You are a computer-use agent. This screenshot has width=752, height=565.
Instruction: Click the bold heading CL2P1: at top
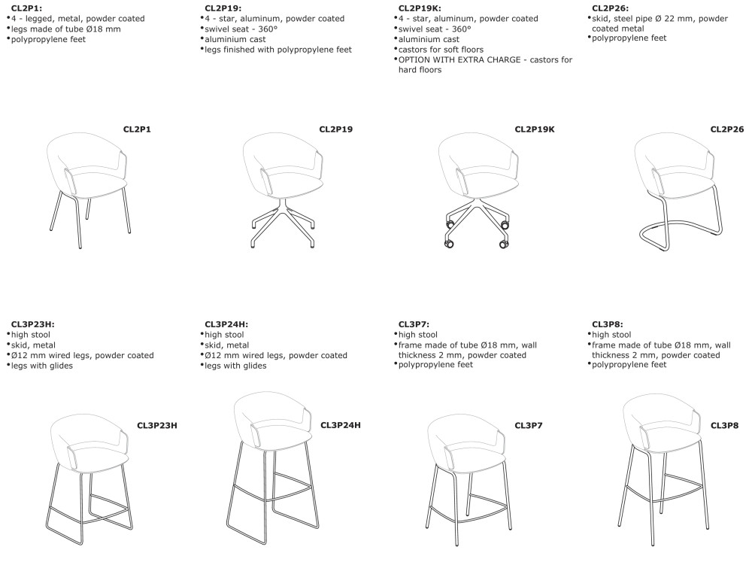26,8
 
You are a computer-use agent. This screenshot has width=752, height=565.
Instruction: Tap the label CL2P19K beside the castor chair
534,129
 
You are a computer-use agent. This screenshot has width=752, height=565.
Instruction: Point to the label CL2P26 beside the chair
726,129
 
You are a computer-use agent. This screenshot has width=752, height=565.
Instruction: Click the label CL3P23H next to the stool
156,425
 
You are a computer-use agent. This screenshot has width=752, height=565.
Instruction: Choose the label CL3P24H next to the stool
340,425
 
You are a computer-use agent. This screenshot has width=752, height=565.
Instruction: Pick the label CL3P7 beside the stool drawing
529,425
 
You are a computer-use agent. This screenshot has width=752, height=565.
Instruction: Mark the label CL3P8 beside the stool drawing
724,425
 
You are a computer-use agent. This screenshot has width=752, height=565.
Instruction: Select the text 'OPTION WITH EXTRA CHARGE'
456,59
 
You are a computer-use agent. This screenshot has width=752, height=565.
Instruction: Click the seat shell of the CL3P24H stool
272,418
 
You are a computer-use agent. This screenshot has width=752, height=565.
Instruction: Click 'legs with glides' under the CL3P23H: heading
44,365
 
